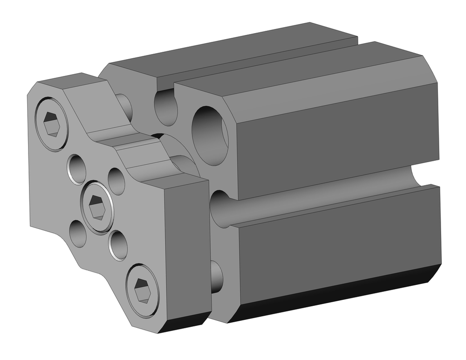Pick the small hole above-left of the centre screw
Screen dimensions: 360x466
click(77, 168)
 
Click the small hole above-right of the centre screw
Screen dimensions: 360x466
click(116, 181)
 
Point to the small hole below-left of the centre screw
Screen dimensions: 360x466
click(78, 234)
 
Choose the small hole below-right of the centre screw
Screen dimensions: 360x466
click(118, 244)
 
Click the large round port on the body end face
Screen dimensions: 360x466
click(210, 135)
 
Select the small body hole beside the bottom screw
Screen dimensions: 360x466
click(216, 276)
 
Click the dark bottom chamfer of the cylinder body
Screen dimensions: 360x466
click(336, 294)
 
